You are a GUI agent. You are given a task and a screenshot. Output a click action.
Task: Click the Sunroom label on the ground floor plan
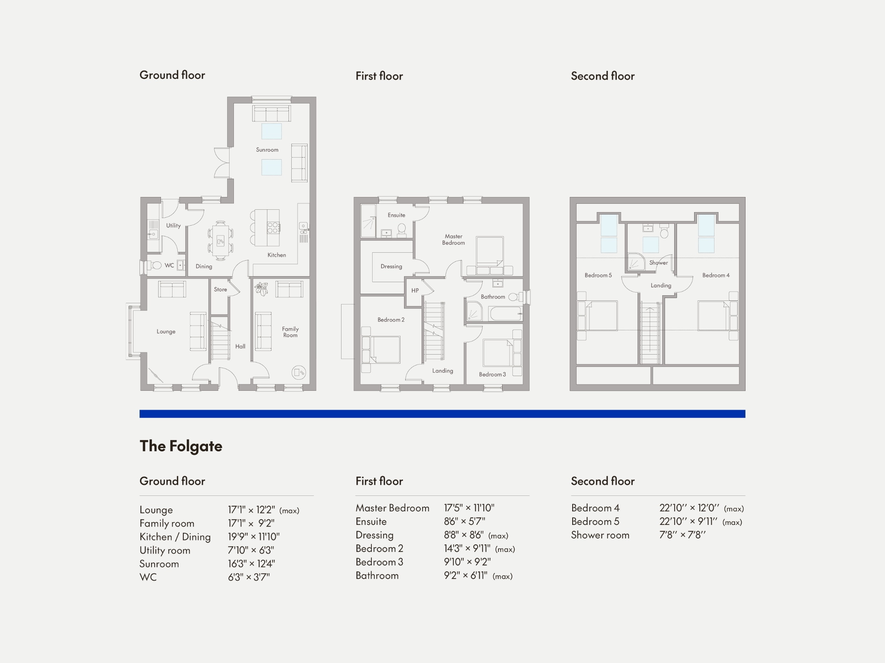pos(267,150)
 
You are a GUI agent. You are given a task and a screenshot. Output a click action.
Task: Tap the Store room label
pos(220,289)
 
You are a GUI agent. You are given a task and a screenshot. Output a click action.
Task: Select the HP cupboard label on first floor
pos(415,291)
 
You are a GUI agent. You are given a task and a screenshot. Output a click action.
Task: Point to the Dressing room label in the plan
pos(391,267)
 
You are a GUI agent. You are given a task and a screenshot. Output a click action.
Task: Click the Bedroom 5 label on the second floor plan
pos(598,275)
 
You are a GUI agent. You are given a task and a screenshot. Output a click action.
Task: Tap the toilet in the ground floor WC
pos(156,265)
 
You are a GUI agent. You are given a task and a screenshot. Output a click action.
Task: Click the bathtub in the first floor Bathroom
pos(505,313)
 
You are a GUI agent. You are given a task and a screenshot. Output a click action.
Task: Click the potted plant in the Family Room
pos(261,289)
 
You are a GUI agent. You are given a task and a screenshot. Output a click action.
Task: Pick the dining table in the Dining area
pos(220,241)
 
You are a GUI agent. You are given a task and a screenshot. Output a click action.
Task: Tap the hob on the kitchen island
pos(273,228)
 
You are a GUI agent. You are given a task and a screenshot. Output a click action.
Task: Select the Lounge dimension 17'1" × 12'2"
pos(251,510)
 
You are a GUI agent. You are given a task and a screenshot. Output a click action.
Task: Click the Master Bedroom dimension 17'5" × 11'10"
pos(469,508)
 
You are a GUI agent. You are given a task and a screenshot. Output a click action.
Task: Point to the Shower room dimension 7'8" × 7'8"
pos(682,535)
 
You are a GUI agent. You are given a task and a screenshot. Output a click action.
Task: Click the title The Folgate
pos(181,446)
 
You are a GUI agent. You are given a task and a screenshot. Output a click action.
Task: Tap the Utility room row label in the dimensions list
pos(165,550)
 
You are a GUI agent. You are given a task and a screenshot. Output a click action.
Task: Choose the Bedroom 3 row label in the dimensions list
pos(379,562)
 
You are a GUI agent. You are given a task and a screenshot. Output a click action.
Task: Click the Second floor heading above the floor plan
pos(602,76)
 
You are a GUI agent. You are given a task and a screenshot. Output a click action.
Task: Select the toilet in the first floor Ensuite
pos(401,229)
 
